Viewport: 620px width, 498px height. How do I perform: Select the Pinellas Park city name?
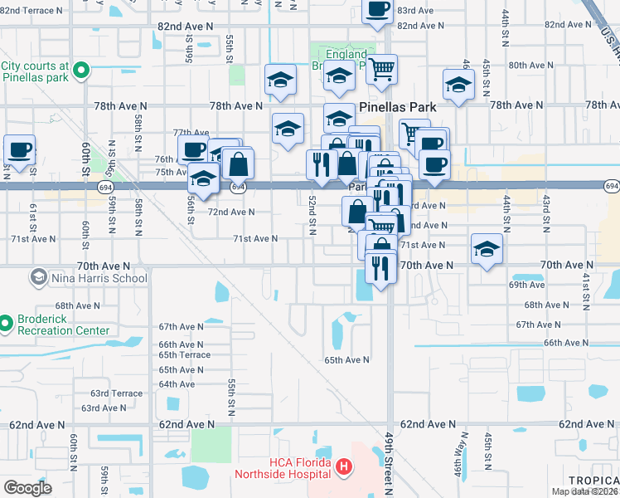coord(403,107)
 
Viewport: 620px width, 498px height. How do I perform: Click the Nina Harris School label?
coord(99,278)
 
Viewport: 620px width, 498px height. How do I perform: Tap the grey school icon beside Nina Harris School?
coord(38,276)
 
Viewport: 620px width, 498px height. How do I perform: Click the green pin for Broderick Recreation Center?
coord(6,323)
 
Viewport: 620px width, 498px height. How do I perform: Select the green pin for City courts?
coord(81,71)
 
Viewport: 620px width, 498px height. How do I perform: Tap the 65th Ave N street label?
coord(346,360)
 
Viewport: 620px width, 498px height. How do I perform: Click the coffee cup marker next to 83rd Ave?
coord(377,11)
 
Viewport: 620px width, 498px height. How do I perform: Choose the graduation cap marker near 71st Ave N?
coord(487,247)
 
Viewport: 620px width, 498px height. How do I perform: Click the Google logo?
coord(27,488)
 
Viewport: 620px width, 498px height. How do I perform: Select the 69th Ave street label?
coord(526,285)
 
